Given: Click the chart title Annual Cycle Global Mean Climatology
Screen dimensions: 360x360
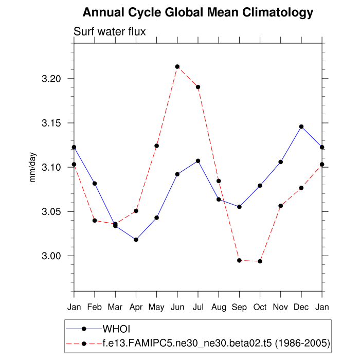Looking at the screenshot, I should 198,12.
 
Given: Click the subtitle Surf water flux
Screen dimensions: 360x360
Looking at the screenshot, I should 110,32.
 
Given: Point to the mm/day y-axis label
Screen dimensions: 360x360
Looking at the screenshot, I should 33,168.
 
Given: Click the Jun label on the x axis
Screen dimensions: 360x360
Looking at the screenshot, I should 177,308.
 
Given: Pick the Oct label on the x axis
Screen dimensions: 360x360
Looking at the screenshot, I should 260,308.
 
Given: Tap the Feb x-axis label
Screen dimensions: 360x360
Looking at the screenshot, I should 95,308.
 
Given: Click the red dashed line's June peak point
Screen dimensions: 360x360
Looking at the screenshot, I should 177,66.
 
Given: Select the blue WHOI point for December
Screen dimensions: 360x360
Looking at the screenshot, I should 301,127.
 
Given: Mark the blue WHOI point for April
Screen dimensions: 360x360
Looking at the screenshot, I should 136,240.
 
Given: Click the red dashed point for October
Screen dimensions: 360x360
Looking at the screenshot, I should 260,261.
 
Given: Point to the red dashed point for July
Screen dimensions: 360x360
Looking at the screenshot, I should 198,87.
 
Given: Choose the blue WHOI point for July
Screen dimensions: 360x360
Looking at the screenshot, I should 198,161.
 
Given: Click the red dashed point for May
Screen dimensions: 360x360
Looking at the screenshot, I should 157,146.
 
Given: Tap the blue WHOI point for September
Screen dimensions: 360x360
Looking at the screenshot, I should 240,207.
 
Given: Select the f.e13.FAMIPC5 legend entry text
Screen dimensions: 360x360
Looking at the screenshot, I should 216,342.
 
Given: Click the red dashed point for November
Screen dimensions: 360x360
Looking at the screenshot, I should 281,206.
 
